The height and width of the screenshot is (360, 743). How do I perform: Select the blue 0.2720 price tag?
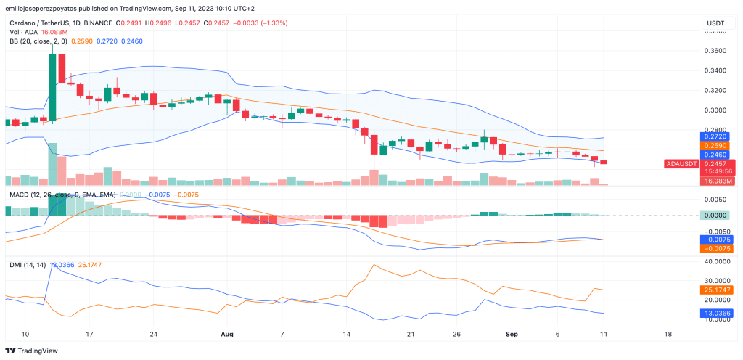click(715, 136)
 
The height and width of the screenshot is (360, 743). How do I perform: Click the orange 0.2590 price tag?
click(715, 145)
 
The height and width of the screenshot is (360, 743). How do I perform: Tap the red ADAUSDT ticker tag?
click(681, 163)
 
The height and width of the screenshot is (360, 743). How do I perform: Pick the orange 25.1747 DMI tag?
click(715, 290)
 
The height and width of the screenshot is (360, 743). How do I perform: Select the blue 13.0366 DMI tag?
click(715, 313)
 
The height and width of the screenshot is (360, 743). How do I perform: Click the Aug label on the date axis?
click(226, 334)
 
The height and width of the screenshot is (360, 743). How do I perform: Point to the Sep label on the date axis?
click(511, 334)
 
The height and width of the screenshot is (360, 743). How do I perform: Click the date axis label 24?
click(153, 334)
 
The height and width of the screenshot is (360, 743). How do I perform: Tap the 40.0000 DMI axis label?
click(715, 261)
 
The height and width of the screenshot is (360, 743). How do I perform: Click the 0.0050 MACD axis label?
click(715, 198)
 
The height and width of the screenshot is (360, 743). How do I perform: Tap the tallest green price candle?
click(52, 86)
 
